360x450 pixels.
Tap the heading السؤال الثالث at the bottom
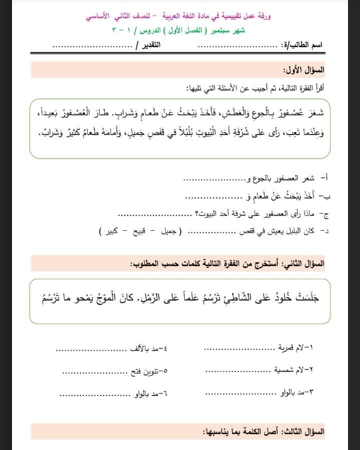(x=303, y=431)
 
